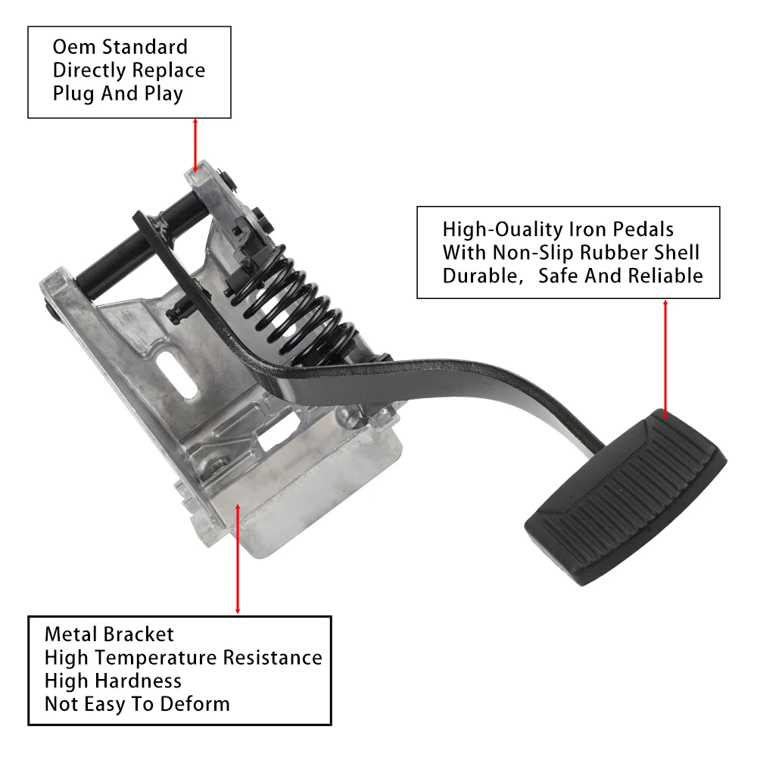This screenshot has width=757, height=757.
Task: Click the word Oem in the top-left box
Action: tap(74, 47)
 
